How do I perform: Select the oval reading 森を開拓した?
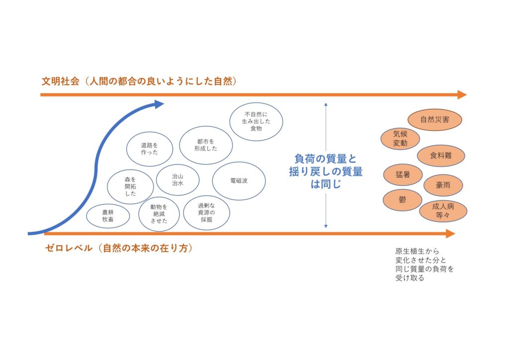point(130,186)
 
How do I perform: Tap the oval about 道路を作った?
point(149,148)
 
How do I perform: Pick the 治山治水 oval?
point(177,180)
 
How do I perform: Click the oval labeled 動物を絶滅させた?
point(159,214)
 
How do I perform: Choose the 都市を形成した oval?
point(205,144)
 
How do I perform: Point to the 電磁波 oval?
point(239,180)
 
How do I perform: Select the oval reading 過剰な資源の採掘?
point(206,212)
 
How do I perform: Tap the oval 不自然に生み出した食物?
point(256,122)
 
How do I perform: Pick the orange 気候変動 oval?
point(400,139)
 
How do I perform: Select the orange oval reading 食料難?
point(441,156)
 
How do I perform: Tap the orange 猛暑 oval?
point(403,175)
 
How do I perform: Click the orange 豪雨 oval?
point(443,185)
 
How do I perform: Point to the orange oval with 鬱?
point(403,200)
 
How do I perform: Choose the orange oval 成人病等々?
point(443,210)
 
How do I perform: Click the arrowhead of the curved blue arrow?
point(159,104)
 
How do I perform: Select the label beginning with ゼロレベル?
point(118,248)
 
